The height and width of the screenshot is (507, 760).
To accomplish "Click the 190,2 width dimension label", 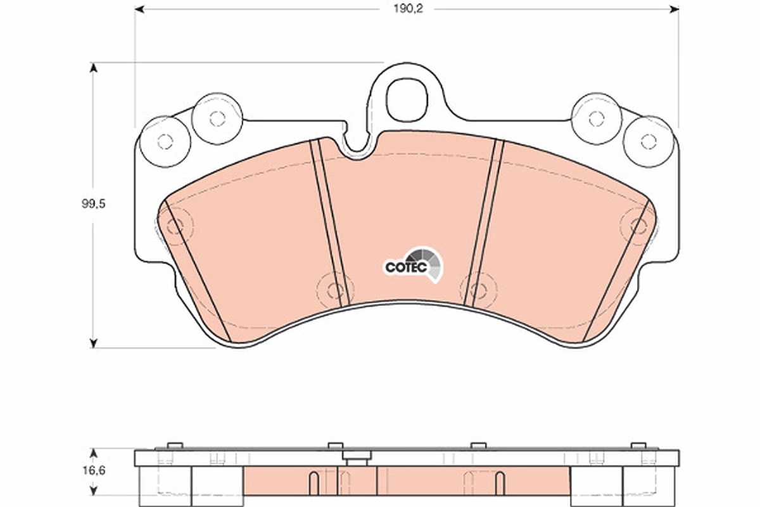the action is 408,9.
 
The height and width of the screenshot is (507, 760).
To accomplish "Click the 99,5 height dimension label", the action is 93,204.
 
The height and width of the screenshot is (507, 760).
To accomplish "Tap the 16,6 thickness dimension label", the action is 94,471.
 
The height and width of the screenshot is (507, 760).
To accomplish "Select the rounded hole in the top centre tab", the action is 407,99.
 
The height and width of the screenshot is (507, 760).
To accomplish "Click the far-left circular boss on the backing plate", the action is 165,141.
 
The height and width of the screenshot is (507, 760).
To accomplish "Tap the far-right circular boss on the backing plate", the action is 649,141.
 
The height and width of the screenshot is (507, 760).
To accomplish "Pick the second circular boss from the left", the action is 217,119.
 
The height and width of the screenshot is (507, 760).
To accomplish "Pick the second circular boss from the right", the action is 597,119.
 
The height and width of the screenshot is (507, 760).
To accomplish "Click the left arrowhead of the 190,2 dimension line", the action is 139,9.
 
